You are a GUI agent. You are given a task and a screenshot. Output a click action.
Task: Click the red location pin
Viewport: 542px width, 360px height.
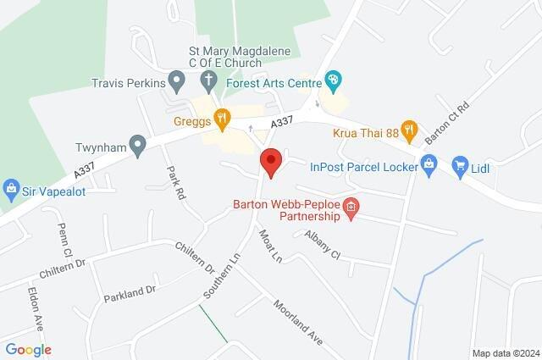click(x=270, y=162)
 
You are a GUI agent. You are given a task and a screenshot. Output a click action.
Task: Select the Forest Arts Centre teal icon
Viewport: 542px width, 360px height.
click(x=334, y=82)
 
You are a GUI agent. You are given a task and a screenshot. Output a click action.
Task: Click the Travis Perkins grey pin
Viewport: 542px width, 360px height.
click(x=177, y=82)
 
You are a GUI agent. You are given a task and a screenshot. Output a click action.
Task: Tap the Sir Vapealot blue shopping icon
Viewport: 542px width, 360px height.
click(x=12, y=187)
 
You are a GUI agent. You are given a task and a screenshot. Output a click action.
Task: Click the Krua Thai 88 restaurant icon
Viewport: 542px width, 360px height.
click(x=410, y=130)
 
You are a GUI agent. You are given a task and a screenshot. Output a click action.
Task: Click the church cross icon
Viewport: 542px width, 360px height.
click(x=209, y=81)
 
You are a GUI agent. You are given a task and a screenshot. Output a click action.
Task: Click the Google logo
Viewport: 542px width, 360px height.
click(x=28, y=349)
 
